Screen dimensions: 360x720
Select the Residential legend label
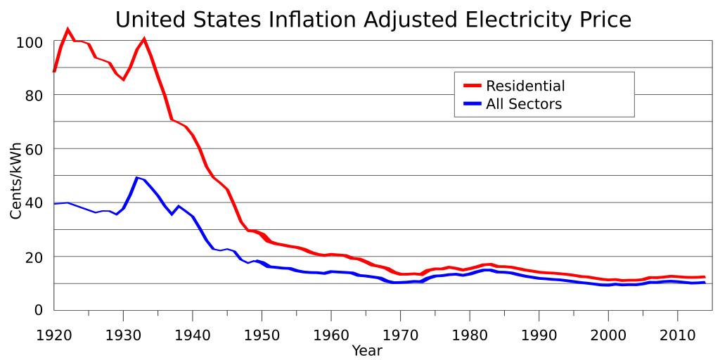(525, 86)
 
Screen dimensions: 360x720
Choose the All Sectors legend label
(524, 105)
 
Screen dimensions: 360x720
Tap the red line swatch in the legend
(472, 86)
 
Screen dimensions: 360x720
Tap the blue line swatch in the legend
(472, 105)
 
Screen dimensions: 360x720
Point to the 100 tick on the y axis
(30, 42)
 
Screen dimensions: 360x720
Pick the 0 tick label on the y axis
(39, 310)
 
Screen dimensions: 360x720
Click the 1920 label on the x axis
(54, 333)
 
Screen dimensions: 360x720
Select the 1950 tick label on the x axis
(262, 333)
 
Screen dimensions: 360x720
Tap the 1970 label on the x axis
(400, 333)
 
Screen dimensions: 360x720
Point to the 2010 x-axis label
(677, 333)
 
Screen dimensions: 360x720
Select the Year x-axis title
(367, 350)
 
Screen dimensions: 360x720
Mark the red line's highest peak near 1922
(67, 30)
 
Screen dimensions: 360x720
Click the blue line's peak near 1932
(137, 177)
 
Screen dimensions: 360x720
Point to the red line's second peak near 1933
(144, 39)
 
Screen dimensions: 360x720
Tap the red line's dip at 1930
(123, 79)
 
